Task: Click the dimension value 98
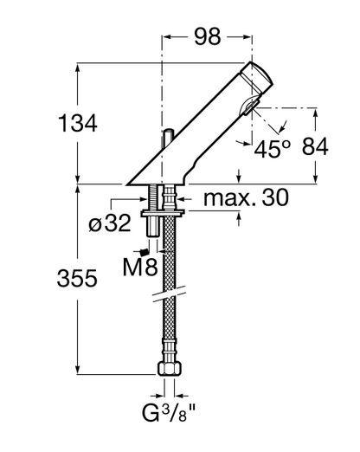click(208, 36)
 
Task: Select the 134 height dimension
click(78, 123)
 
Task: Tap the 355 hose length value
click(77, 278)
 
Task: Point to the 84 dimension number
click(315, 146)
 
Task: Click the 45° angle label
click(273, 149)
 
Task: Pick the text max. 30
click(246, 197)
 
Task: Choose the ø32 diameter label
click(110, 223)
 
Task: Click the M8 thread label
click(140, 267)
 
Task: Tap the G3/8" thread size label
click(169, 413)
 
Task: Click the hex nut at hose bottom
click(170, 369)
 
